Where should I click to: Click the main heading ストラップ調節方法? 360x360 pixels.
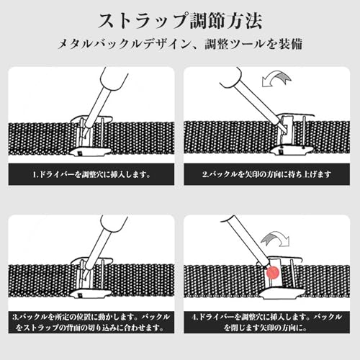click(180, 21)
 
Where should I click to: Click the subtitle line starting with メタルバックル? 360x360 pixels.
click(180, 44)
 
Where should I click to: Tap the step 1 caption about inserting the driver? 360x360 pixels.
click(91, 174)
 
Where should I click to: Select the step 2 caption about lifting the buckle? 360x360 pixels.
click(266, 174)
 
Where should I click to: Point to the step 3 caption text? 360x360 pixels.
click(91, 322)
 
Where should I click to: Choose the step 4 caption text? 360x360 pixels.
click(266, 322)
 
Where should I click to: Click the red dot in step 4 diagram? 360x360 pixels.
click(273, 273)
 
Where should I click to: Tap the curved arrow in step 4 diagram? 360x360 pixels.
click(276, 238)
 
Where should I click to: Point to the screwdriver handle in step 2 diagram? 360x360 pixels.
click(231, 77)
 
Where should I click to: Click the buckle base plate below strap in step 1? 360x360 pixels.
click(91, 152)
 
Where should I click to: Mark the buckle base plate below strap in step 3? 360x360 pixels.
click(91, 294)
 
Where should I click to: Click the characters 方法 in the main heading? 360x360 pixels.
click(245, 21)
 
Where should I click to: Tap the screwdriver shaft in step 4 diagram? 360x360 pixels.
click(247, 240)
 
